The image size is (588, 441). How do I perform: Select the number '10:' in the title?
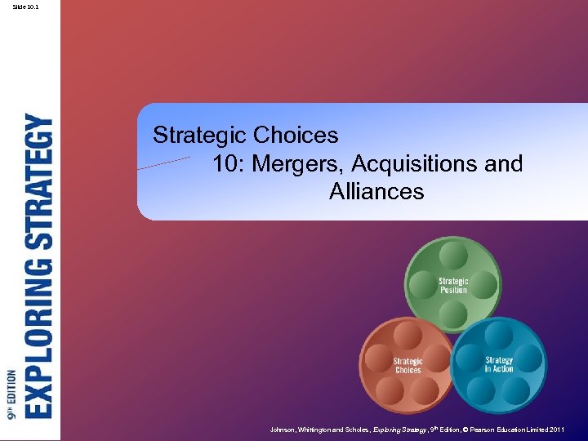pos(229,163)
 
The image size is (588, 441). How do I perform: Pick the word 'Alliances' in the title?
pos(376,192)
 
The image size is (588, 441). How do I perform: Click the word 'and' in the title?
pos(503,163)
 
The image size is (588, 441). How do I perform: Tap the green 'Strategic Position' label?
pos(453,286)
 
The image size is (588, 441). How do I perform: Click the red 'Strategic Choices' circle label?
pos(408,365)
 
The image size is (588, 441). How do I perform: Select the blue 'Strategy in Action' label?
pos(499,364)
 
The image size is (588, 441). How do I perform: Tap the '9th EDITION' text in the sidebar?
pos(11,394)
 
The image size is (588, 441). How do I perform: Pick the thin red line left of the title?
pos(163,163)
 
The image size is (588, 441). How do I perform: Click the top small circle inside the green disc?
pos(453,256)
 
